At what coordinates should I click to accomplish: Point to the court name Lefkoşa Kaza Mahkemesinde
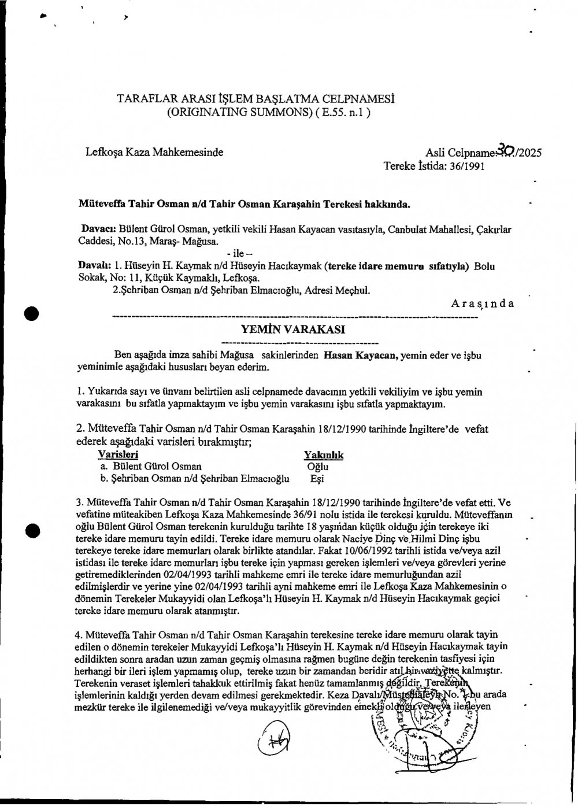click(154, 152)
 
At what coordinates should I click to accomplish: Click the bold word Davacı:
click(95, 229)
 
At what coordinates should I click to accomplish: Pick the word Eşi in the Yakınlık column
click(317, 479)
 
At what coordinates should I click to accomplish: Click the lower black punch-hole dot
click(33, 529)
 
